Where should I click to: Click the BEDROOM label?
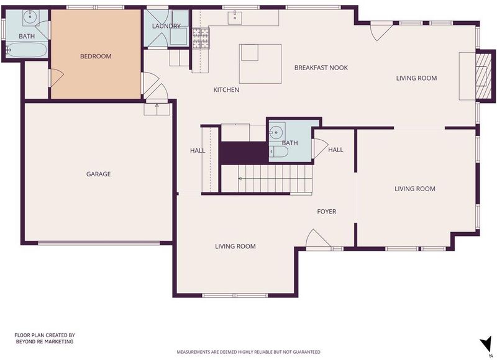click(96, 56)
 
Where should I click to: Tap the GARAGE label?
click(99, 174)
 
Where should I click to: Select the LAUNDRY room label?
click(166, 26)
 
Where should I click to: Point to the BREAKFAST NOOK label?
click(321, 68)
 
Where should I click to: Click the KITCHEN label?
click(226, 90)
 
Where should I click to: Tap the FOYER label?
click(327, 212)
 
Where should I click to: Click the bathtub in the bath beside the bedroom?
click(27, 50)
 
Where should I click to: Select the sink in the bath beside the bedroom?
click(30, 17)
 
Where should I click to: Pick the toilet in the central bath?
click(278, 151)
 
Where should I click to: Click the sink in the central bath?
click(276, 132)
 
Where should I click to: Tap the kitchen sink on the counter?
click(235, 18)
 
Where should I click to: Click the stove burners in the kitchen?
click(201, 38)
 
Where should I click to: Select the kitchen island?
click(260, 64)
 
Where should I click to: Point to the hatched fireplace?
click(485, 76)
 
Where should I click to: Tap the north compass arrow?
click(486, 344)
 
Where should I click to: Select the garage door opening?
click(99, 243)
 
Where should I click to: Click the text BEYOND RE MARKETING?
click(45, 341)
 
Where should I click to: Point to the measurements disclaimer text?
click(248, 352)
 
